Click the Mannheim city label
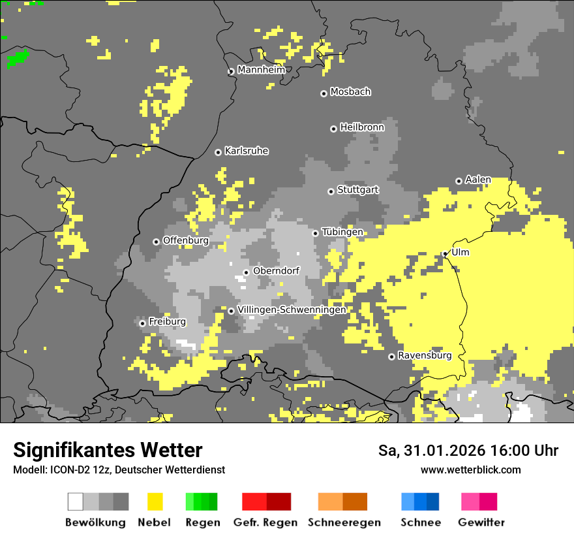(x=262, y=70)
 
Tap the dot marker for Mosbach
(x=324, y=93)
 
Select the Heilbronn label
(x=362, y=127)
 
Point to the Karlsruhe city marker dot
(x=218, y=152)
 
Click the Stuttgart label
(x=357, y=190)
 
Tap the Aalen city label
(x=478, y=180)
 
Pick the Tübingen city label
(x=342, y=232)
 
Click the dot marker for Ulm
(x=445, y=253)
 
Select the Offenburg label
(x=185, y=240)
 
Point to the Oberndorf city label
(x=276, y=270)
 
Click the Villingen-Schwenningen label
(x=292, y=310)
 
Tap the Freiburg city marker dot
(x=142, y=323)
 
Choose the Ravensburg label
(x=425, y=356)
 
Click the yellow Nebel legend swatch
(x=155, y=502)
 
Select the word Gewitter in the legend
(x=481, y=522)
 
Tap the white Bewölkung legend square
(x=76, y=502)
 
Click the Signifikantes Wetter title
(x=108, y=450)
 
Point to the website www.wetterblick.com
(x=470, y=470)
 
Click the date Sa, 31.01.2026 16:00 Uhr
(x=468, y=451)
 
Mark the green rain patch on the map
(x=18, y=59)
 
